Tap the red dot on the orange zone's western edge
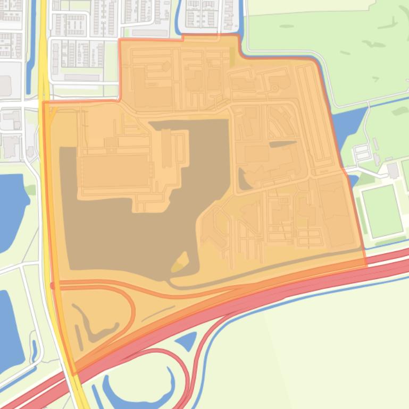[52, 286]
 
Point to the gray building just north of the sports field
[393, 171]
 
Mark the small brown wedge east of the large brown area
[244, 181]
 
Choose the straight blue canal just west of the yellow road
[29, 48]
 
